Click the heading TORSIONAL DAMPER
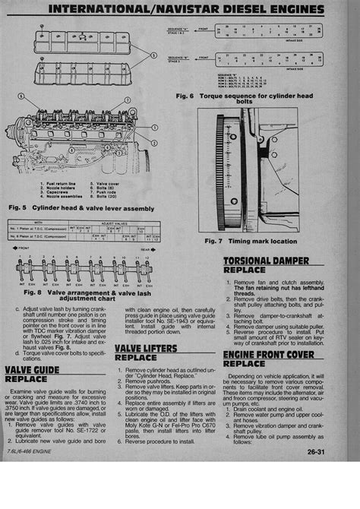pyautogui.click(x=265, y=261)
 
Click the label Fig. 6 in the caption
pyautogui.click(x=185, y=96)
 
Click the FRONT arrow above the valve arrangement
pyautogui.click(x=21, y=248)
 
